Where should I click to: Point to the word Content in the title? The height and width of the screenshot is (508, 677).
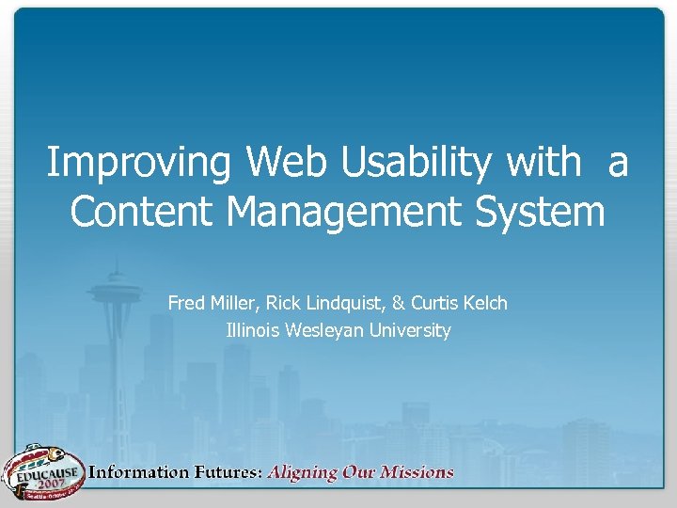pyautogui.click(x=143, y=212)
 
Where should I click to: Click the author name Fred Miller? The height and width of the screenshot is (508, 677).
pyautogui.click(x=212, y=303)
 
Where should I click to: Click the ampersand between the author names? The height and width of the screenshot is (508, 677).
pyautogui.click(x=399, y=303)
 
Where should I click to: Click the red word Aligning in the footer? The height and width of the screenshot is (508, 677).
pyautogui.click(x=304, y=473)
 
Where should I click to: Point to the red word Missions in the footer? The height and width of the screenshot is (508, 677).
pyautogui.click(x=415, y=472)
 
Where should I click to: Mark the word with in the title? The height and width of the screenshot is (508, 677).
pyautogui.click(x=543, y=163)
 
